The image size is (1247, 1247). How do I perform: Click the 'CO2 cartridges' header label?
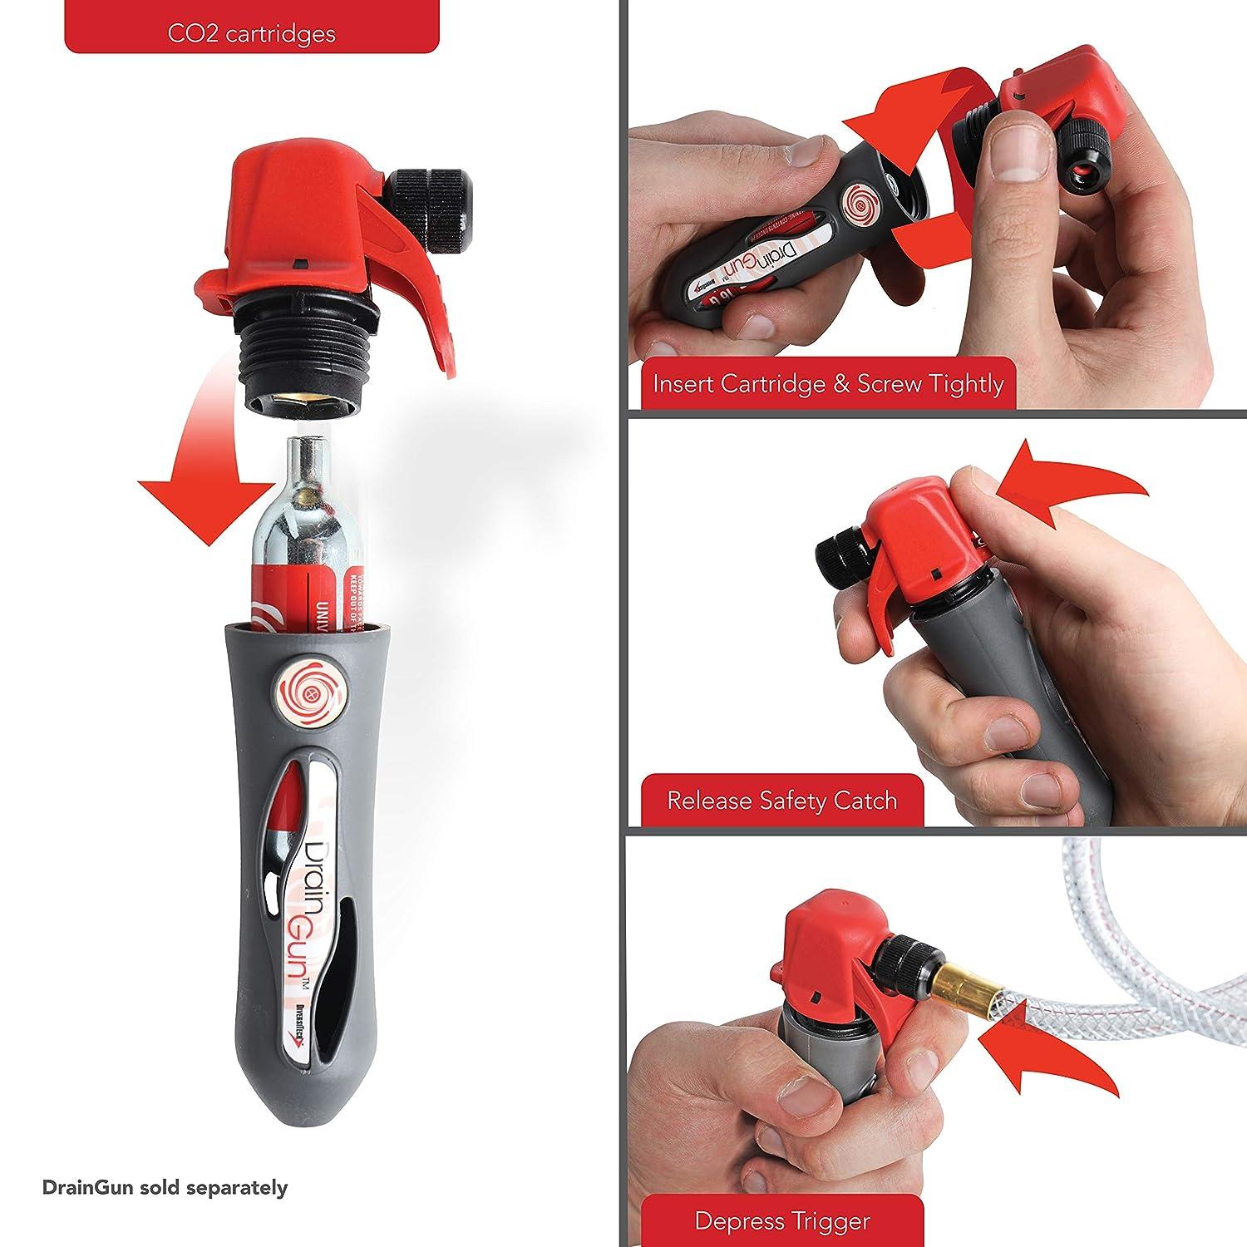point(250,33)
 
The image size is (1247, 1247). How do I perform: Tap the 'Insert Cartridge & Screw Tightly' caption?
point(828,384)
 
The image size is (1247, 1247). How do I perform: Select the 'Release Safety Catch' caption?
point(781,801)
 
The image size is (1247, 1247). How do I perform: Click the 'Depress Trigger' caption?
point(781,1221)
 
